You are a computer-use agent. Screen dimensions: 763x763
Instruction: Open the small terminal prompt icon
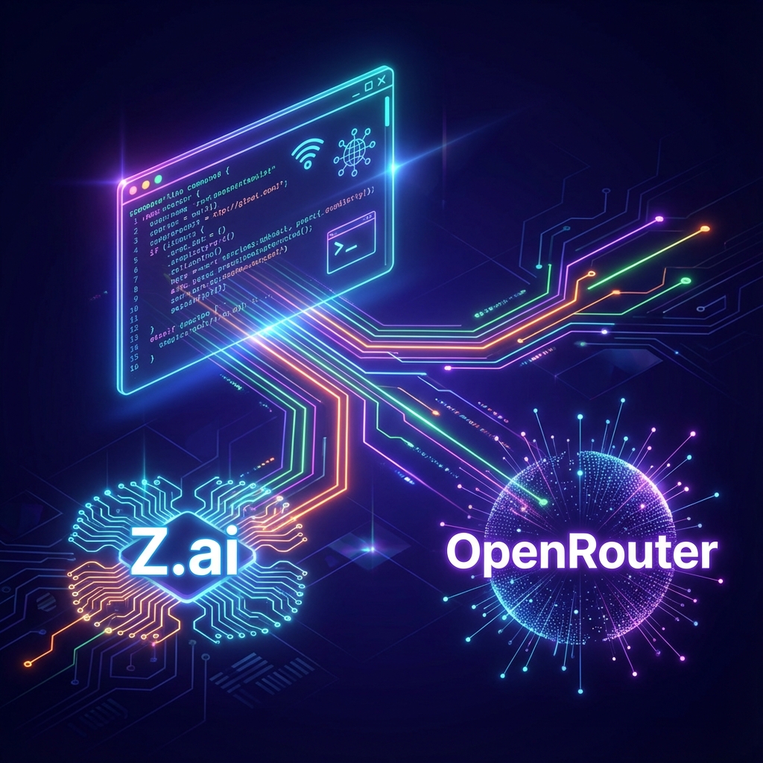[x=350, y=241]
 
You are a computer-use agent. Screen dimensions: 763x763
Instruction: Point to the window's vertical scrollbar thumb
[x=387, y=112]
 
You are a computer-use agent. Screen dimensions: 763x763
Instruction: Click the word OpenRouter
[x=580, y=553]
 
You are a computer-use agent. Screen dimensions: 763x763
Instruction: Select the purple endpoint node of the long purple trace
[x=659, y=220]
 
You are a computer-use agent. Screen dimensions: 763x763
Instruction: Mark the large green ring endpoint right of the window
[x=685, y=281]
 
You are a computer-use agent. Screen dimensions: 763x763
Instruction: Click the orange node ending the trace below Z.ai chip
[x=28, y=662]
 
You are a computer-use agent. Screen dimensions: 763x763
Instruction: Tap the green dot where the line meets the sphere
[x=542, y=501]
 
